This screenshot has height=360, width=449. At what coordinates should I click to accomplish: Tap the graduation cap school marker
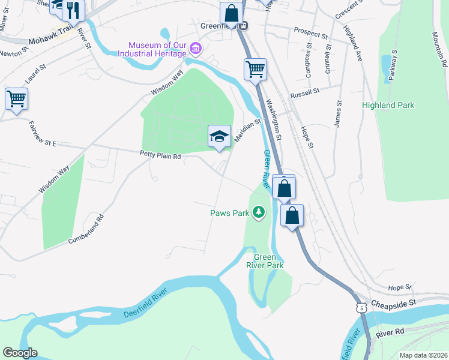point(219,137)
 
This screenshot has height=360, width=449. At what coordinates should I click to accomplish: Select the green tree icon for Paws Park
point(259,212)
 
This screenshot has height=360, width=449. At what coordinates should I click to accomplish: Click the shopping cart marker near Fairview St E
point(16,98)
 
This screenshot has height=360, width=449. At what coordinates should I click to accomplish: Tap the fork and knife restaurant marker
point(74,9)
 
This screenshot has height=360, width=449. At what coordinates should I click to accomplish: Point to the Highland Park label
point(388,105)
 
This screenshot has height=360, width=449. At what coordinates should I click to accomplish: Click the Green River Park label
point(265,260)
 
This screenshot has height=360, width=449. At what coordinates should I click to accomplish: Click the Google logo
point(20,353)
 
